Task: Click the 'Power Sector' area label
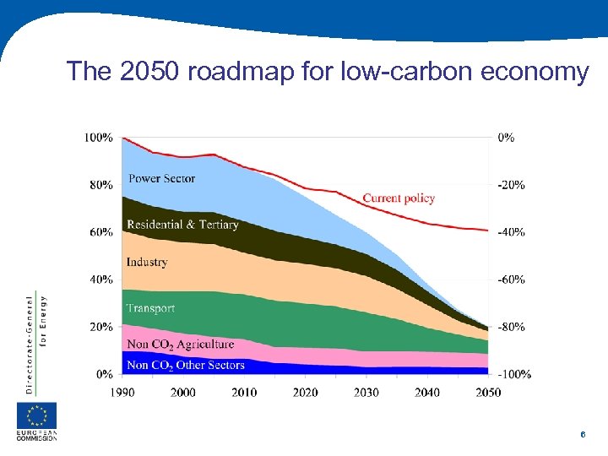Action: click(x=161, y=178)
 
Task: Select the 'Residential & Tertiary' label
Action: click(x=182, y=225)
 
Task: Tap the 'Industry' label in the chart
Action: click(x=147, y=263)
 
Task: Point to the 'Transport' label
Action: click(x=150, y=308)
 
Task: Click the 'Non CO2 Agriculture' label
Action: click(x=180, y=345)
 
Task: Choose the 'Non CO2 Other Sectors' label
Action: click(x=185, y=366)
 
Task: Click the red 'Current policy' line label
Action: click(x=399, y=198)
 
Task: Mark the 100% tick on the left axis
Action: click(x=99, y=137)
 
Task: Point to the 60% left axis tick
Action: click(x=101, y=232)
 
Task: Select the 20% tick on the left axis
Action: click(x=101, y=327)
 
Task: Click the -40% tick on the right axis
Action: click(x=511, y=232)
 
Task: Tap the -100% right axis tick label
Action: click(x=513, y=374)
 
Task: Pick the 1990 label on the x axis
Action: click(x=122, y=392)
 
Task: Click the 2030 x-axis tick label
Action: click(x=366, y=392)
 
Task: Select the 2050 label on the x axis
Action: click(x=487, y=392)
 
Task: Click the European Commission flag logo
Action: click(x=37, y=415)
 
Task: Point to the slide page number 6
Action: click(x=583, y=434)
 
